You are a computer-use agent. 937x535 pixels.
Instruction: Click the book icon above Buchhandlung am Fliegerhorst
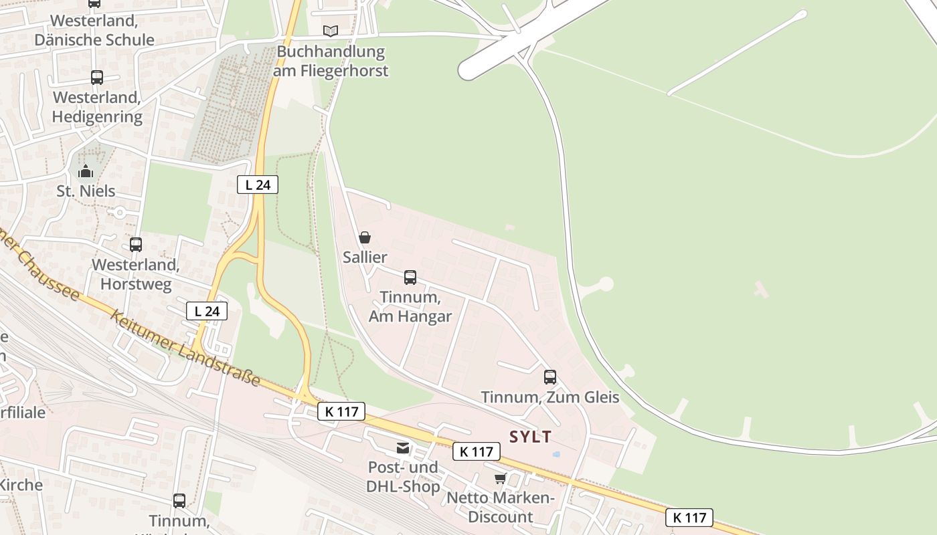point(330,30)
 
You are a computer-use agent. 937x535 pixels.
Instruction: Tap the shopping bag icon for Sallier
point(365,237)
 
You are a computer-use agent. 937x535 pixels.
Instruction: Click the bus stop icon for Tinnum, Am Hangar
point(410,277)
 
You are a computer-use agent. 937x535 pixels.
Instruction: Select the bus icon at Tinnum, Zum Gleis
point(549,377)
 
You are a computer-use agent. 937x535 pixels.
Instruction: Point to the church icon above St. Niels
point(85,172)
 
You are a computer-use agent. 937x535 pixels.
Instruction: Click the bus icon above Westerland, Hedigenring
point(97,77)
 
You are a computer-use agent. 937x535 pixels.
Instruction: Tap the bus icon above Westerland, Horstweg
point(136,244)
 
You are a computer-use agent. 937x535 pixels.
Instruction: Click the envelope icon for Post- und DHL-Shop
point(402,447)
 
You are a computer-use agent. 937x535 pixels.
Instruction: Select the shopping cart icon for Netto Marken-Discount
point(500,478)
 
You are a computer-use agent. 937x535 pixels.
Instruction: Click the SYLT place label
point(530,437)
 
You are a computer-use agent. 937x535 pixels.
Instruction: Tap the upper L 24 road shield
point(258,185)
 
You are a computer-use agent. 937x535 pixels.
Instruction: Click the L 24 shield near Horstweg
point(207,311)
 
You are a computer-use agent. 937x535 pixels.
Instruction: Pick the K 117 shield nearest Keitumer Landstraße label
point(341,411)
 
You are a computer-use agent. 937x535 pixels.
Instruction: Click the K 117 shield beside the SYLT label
point(477,451)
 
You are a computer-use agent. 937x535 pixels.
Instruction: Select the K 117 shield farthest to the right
point(689,517)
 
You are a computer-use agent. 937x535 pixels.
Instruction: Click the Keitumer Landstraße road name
point(185,348)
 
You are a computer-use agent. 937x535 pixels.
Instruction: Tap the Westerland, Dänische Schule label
point(94,30)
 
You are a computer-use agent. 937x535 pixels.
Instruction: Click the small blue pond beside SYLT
point(556,454)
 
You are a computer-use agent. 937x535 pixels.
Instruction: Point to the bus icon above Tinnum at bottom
point(179,500)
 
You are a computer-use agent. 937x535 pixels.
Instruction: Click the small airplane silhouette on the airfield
point(761,290)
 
